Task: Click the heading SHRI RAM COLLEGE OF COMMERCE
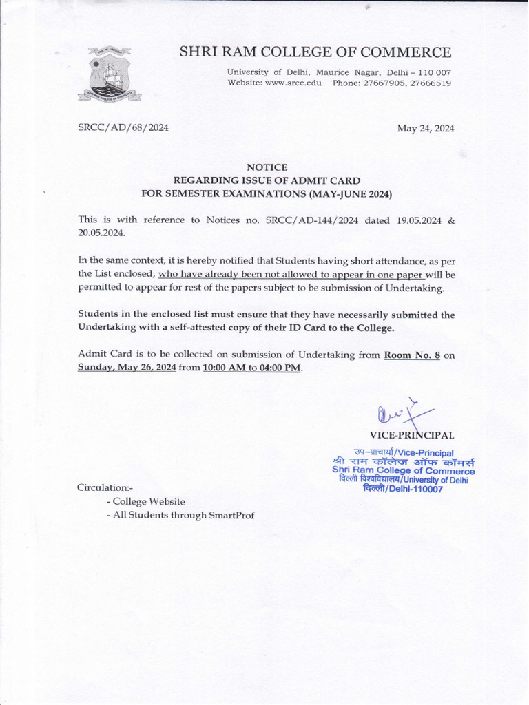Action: click(x=315, y=52)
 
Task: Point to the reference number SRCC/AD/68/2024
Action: click(x=123, y=128)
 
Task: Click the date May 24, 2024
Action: click(x=426, y=129)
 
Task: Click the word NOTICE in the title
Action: click(x=267, y=167)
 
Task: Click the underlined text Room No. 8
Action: click(x=412, y=355)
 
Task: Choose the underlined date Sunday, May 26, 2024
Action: click(x=127, y=368)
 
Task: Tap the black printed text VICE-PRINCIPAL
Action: click(x=411, y=435)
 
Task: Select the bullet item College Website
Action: click(x=149, y=502)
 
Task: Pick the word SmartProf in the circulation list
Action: click(x=231, y=516)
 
